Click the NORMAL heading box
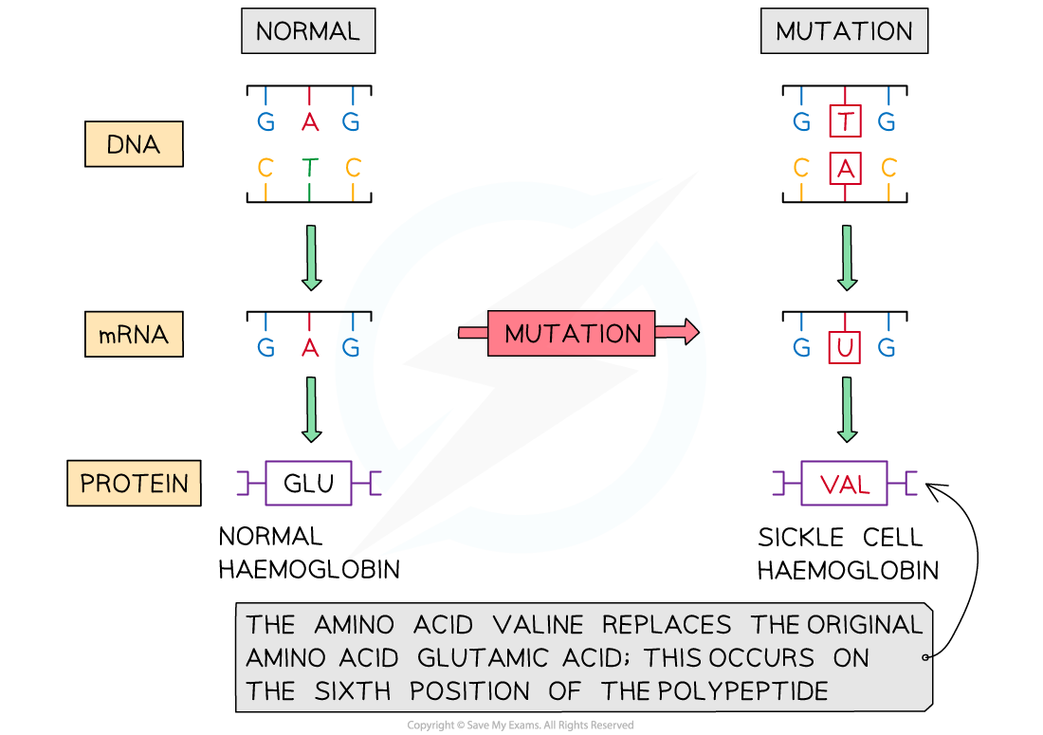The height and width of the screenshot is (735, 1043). (308, 31)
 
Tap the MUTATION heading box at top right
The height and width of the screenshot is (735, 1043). (844, 31)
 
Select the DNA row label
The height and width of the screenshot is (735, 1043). (134, 146)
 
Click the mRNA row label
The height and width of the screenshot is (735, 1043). (134, 335)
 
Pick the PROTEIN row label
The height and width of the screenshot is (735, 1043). (134, 484)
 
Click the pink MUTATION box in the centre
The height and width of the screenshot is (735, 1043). (572, 334)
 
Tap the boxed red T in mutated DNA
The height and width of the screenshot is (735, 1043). (844, 121)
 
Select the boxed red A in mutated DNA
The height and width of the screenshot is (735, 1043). (844, 169)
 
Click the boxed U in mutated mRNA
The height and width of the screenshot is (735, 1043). (844, 348)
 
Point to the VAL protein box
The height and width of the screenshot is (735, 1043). (844, 484)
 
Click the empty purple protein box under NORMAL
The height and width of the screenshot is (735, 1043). (308, 483)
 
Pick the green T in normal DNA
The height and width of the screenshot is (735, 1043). (309, 169)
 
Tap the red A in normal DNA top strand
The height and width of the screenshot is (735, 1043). (309, 122)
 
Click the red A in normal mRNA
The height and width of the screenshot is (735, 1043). (309, 348)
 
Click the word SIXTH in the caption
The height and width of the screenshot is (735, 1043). (352, 691)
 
